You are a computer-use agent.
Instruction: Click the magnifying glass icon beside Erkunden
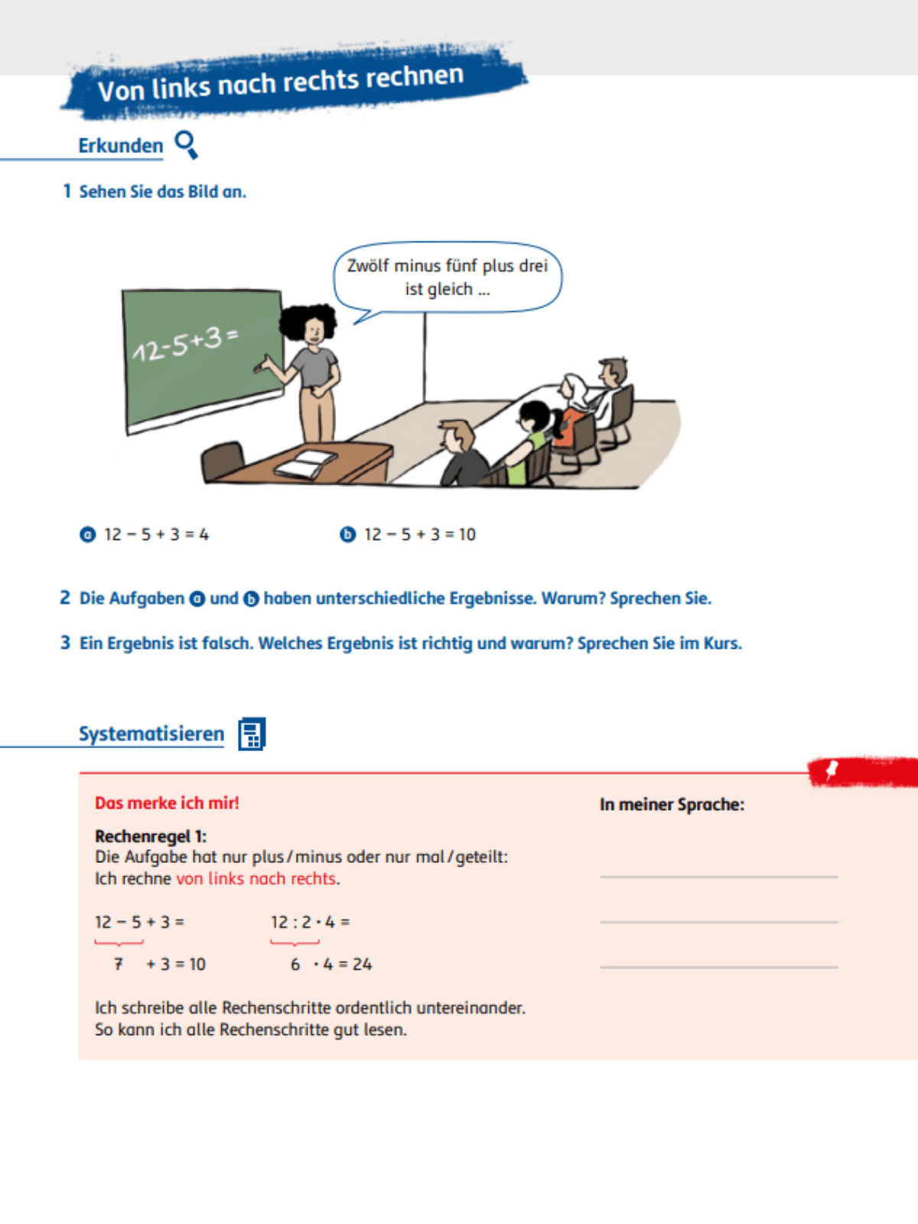[x=186, y=144]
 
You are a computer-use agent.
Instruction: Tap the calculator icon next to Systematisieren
[x=252, y=734]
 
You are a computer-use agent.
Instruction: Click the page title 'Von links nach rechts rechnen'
[x=281, y=83]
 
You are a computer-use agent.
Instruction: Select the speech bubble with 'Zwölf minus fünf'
[x=448, y=277]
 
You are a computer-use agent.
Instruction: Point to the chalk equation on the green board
[x=185, y=343]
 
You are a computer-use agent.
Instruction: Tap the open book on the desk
[x=306, y=464]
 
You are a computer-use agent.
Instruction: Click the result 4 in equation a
[x=204, y=535]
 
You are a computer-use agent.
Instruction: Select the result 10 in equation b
[x=467, y=535]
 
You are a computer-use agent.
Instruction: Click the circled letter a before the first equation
[x=88, y=535]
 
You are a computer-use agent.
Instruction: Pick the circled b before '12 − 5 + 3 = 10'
[x=348, y=535]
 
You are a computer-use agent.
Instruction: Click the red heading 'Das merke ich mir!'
[x=167, y=803]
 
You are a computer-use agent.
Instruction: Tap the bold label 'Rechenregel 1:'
[x=151, y=836]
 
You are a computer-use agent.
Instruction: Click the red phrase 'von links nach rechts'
[x=256, y=879]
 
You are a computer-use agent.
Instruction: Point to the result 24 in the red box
[x=362, y=965]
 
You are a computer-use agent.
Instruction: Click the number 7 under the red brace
[x=118, y=965]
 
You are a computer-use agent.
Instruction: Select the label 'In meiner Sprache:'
[x=672, y=805]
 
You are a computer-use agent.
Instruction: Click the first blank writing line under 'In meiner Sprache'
[x=718, y=876]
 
